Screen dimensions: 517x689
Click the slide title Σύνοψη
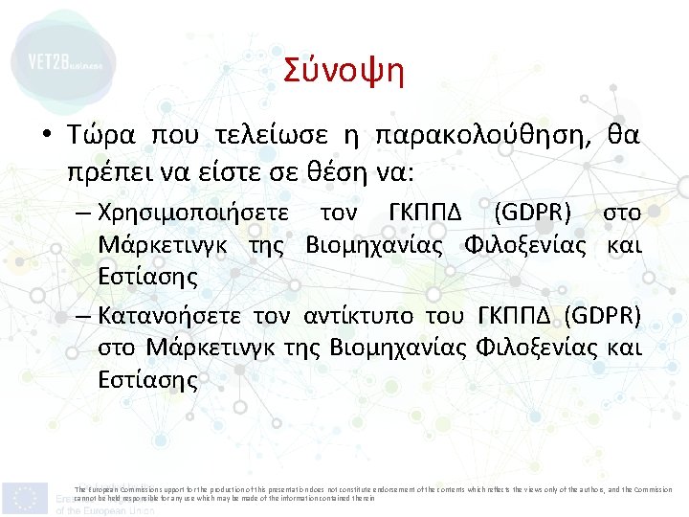(x=344, y=72)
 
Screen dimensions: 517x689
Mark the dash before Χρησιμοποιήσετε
(x=82, y=213)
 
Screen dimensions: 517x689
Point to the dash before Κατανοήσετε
(x=82, y=316)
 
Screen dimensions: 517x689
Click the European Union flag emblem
(x=25, y=497)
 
